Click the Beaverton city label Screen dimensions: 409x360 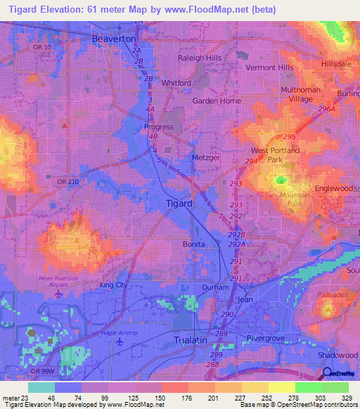tap(114, 39)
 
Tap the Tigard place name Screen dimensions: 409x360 tap(179, 203)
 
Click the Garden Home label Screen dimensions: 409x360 tap(217, 100)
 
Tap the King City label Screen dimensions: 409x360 tap(114, 285)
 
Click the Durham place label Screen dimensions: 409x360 tap(215, 287)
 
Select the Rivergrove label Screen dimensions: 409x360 tap(268, 339)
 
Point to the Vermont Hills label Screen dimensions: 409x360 tap(269, 67)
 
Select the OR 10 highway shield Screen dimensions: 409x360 tap(41, 47)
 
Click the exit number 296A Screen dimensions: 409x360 tap(327, 109)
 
